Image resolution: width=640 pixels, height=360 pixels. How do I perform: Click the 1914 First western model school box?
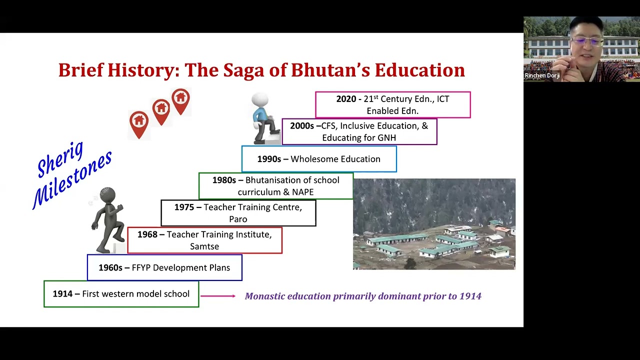pyautogui.click(x=121, y=294)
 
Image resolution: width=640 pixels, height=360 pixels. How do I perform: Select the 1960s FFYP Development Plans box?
pyautogui.click(x=164, y=267)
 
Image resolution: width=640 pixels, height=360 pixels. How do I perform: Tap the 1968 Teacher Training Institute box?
pyautogui.click(x=204, y=240)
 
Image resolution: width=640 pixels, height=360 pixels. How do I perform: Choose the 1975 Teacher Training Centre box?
pyautogui.click(x=238, y=213)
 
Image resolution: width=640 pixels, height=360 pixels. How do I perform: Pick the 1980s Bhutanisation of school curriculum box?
pyautogui.click(x=275, y=186)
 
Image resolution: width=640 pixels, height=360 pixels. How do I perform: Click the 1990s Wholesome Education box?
pyautogui.click(x=319, y=159)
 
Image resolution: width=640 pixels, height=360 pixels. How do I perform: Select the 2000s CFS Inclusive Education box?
pyautogui.click(x=359, y=131)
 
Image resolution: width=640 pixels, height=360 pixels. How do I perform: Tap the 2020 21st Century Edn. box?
pyautogui.click(x=392, y=104)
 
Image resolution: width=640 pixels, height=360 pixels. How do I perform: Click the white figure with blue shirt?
pyautogui.click(x=262, y=118)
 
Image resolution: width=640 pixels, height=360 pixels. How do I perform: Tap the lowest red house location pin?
pyautogui.click(x=139, y=123)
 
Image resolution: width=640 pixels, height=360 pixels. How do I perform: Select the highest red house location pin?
pyautogui.click(x=180, y=100)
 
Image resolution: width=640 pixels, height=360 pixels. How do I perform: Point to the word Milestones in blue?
pyautogui.click(x=72, y=179)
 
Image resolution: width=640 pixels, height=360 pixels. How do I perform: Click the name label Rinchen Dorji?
pyautogui.click(x=542, y=75)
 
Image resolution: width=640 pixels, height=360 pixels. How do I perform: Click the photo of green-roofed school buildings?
pyautogui.click(x=434, y=224)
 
